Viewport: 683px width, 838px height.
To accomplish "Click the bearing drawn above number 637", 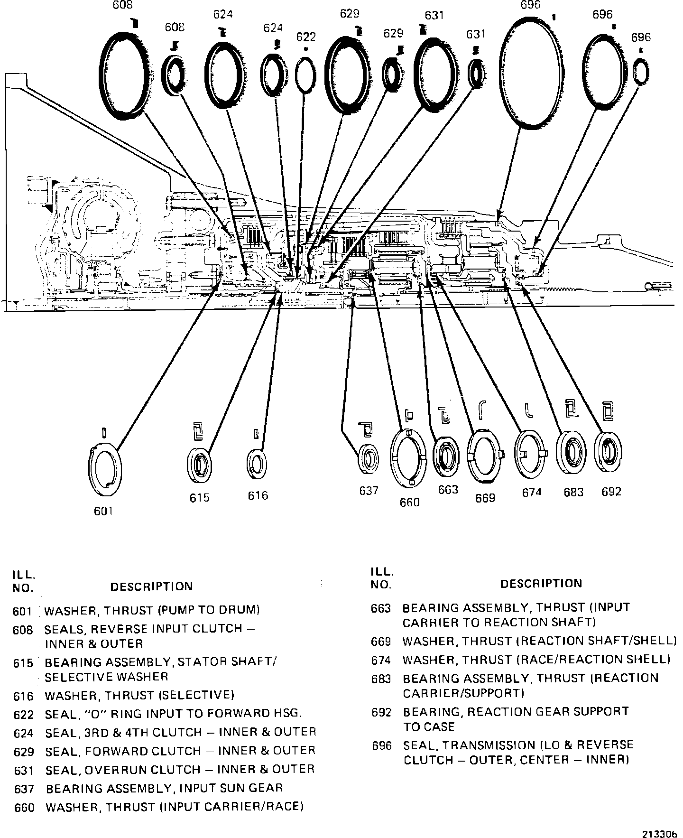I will [x=368, y=458].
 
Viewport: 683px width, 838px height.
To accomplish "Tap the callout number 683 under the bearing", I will [x=573, y=492].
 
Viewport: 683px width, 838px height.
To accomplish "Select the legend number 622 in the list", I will [x=23, y=714].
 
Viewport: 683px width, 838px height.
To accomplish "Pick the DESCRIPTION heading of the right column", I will [x=541, y=583].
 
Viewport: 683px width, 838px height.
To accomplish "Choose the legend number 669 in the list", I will [x=381, y=642].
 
